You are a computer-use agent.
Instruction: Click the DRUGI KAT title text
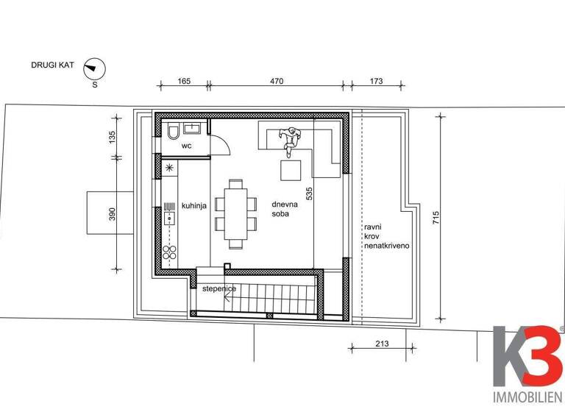point(51,65)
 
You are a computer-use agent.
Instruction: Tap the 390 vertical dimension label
point(113,214)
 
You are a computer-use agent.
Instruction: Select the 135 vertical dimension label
point(113,137)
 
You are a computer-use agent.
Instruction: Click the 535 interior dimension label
point(310,193)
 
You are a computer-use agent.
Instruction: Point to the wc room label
point(187,146)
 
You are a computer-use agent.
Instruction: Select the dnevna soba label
point(279,209)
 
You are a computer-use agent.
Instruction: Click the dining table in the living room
point(236,212)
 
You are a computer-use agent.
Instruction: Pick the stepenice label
point(219,289)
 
